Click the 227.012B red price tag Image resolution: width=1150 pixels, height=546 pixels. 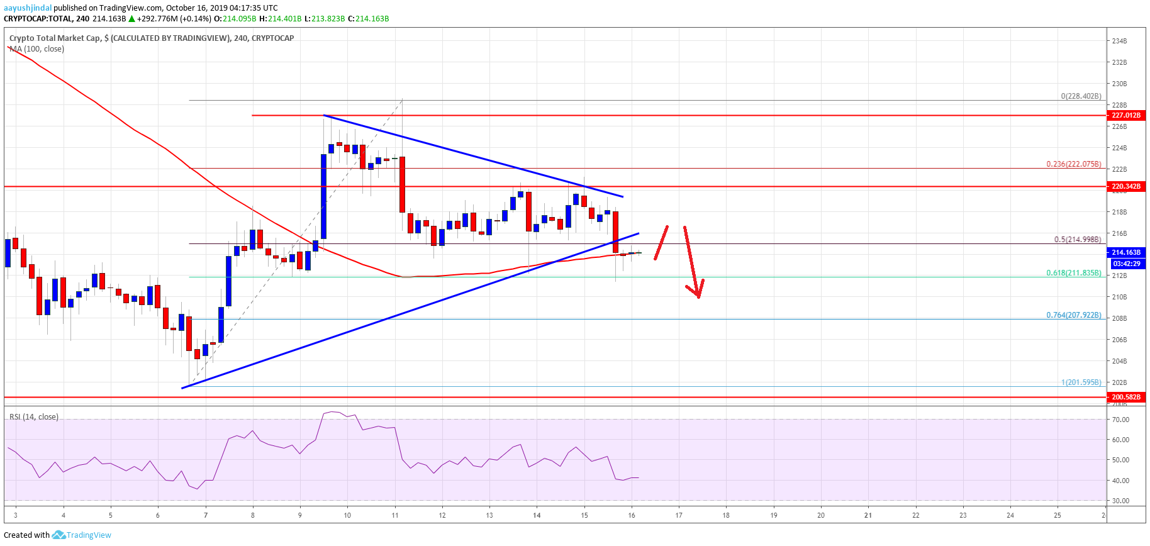point(1125,115)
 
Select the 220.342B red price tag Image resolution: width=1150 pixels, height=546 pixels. point(1125,187)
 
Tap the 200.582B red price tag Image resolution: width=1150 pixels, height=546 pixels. point(1125,397)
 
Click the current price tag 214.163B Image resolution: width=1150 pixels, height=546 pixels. point(1125,252)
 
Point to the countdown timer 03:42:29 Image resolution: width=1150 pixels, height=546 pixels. point(1125,264)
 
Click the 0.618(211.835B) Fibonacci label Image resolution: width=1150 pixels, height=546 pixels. point(1073,273)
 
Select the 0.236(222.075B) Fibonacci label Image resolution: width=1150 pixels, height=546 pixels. point(1073,164)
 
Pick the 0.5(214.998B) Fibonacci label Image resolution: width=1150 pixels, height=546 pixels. point(1077,240)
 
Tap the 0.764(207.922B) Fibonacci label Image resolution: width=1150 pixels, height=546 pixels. point(1073,315)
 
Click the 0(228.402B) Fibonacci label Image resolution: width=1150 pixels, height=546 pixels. point(1081,96)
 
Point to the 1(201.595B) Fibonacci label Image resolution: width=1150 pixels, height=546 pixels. point(1081,382)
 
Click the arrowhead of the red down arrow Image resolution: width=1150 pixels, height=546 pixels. point(697,293)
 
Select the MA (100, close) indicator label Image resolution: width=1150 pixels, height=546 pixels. point(37,49)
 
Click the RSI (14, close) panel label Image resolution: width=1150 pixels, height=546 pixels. point(34,417)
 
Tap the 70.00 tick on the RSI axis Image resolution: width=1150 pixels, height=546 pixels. point(1120,420)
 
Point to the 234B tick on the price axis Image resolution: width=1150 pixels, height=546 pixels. point(1119,41)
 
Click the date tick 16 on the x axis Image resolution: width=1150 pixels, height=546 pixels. point(632,515)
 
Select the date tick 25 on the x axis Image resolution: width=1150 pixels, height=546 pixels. point(1058,515)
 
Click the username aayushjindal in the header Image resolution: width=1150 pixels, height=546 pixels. point(28,8)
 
